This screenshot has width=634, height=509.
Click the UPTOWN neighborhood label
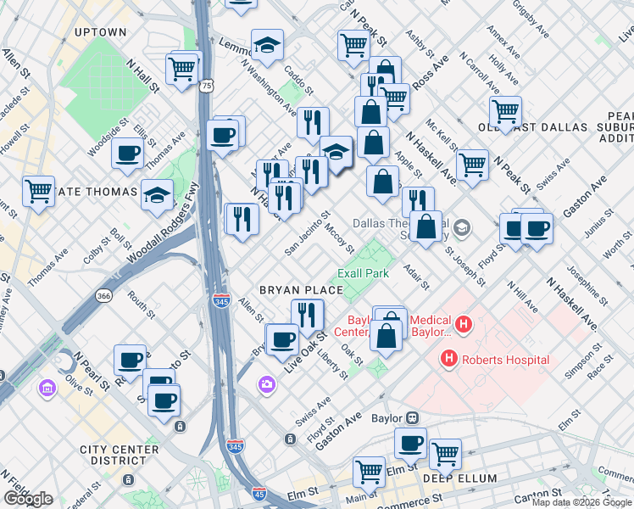pos(100,32)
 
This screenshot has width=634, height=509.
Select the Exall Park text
pos(363,273)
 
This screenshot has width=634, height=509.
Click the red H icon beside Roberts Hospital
pos(449,360)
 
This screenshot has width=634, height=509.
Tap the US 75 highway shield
pos(206,86)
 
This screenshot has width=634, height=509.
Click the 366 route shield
pos(104,295)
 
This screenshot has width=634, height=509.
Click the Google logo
pos(28,499)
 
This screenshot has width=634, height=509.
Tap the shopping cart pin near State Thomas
pos(39,190)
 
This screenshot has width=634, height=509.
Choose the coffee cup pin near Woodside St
pos(127,153)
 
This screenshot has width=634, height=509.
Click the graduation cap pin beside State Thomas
pos(158,194)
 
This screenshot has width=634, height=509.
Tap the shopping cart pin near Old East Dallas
pos(505,110)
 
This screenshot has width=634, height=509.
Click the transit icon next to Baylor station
pos(413,417)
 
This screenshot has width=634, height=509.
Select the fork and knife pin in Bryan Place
pos(308,315)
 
